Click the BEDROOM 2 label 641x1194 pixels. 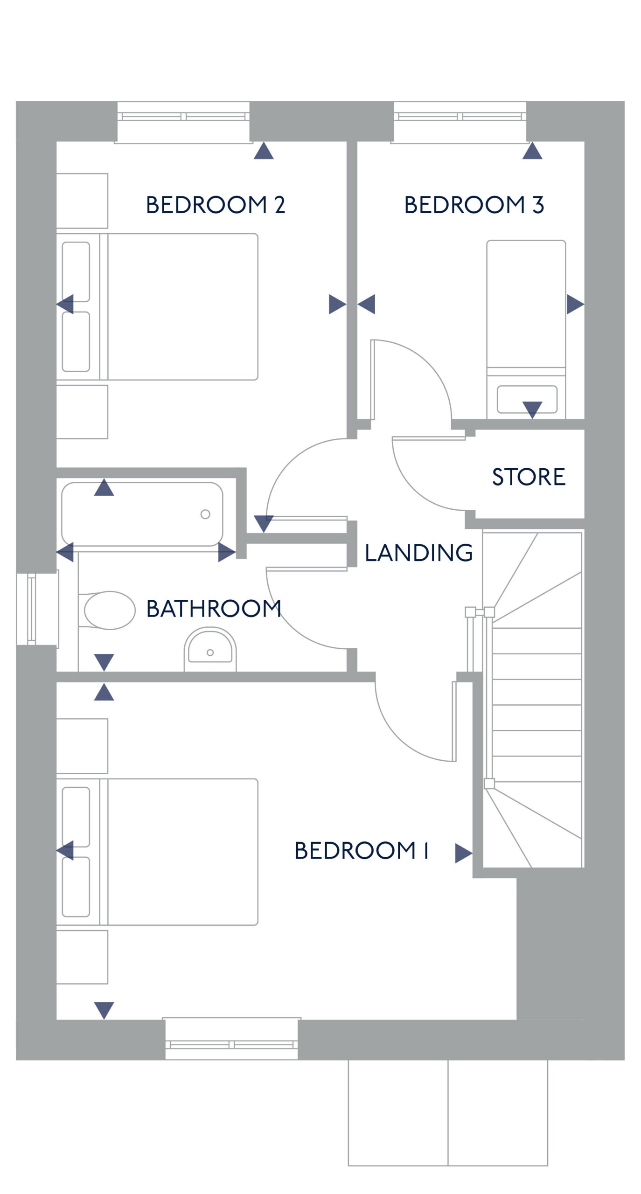[215, 205]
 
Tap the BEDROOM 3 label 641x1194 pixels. [474, 205]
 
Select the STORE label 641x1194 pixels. [529, 477]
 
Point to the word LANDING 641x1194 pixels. [418, 553]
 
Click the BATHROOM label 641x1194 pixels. [214, 609]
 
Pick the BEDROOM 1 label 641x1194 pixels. [362, 850]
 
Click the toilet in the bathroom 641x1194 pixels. [107, 610]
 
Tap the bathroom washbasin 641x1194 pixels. [210, 648]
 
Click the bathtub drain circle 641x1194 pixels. [205, 514]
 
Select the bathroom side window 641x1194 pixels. [37, 609]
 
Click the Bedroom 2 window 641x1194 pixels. [183, 122]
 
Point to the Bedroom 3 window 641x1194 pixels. [460, 122]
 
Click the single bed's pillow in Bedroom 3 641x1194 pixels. [527, 399]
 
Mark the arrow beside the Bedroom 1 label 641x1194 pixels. [464, 853]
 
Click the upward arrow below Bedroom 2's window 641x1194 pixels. [264, 151]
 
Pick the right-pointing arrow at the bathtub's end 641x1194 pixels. [227, 552]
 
